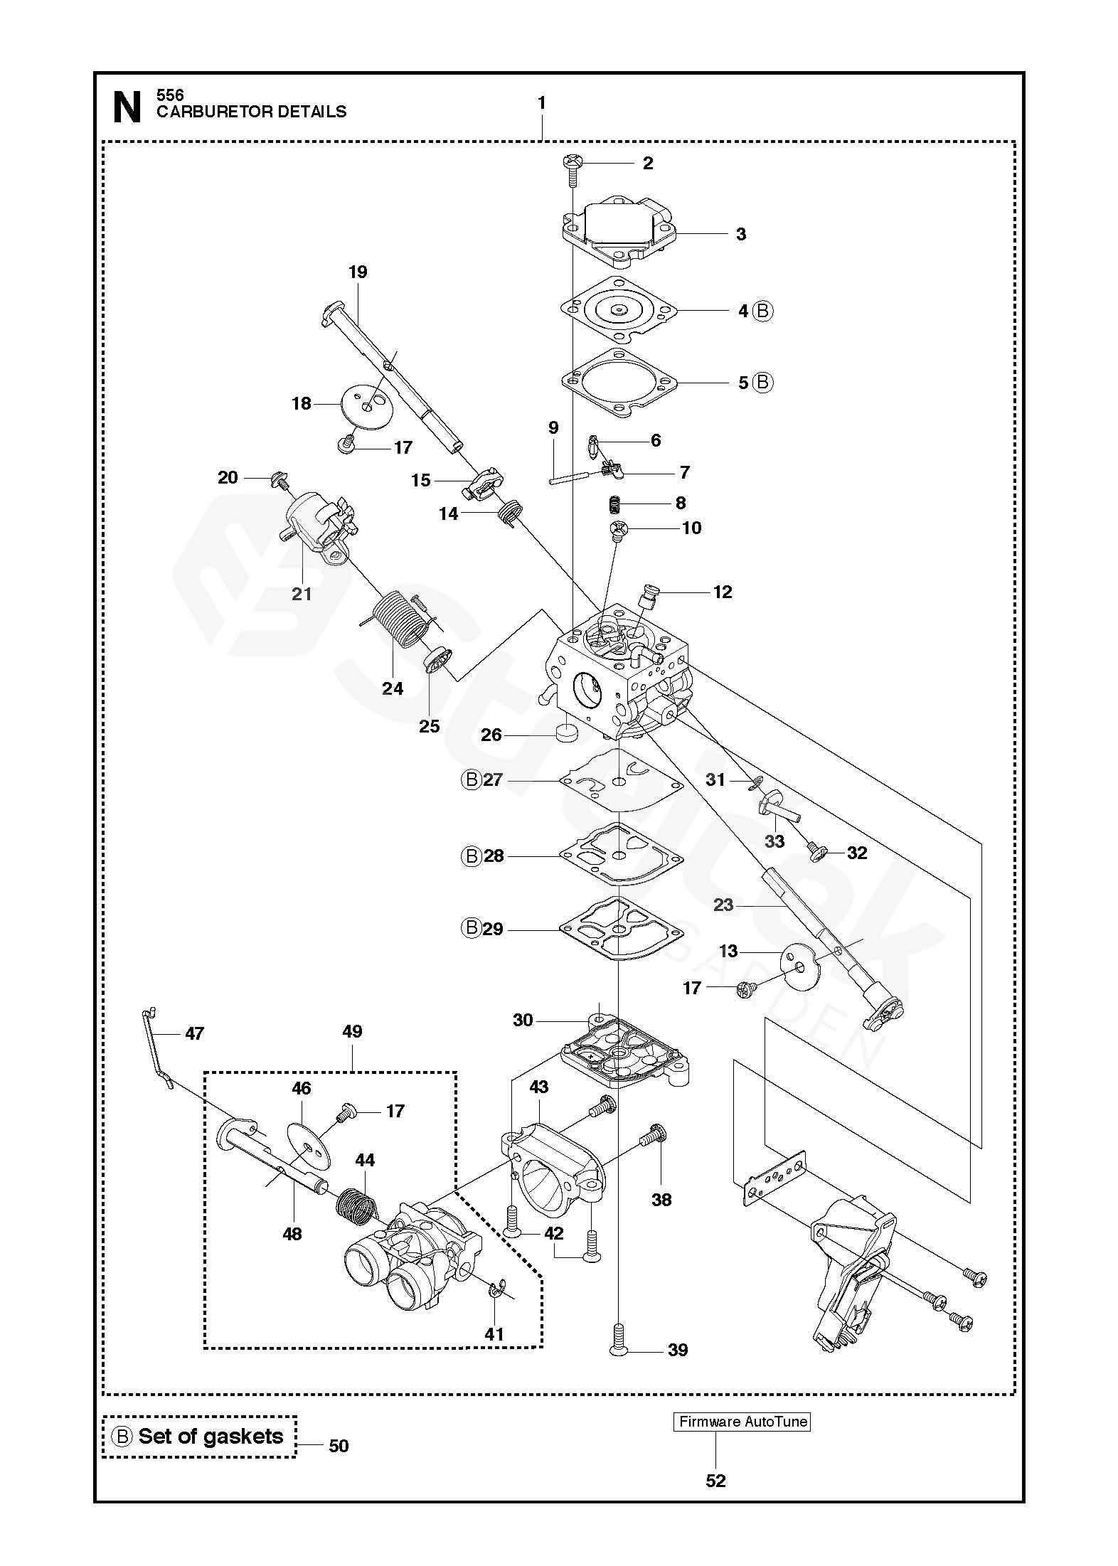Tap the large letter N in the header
coord(127,108)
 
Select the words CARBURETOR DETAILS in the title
coord(251,112)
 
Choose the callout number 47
coord(194,1033)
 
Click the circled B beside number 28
coord(471,856)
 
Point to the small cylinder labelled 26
coord(568,733)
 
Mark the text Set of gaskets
coord(211,1436)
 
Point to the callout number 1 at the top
coord(541,104)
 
